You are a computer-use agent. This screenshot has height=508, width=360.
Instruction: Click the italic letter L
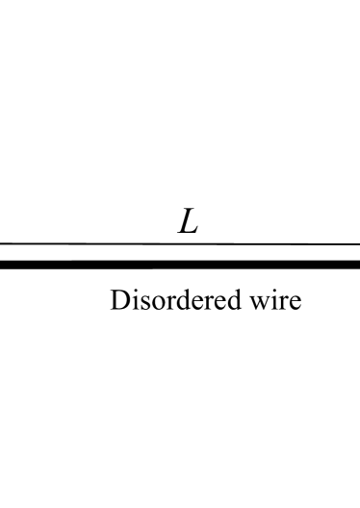187,224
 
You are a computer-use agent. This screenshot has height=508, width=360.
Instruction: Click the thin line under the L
180,244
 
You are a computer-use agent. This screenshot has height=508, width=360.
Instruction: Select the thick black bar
180,264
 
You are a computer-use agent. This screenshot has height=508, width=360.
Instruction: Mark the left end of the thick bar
3,264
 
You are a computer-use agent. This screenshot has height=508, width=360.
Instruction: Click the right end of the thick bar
357,264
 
